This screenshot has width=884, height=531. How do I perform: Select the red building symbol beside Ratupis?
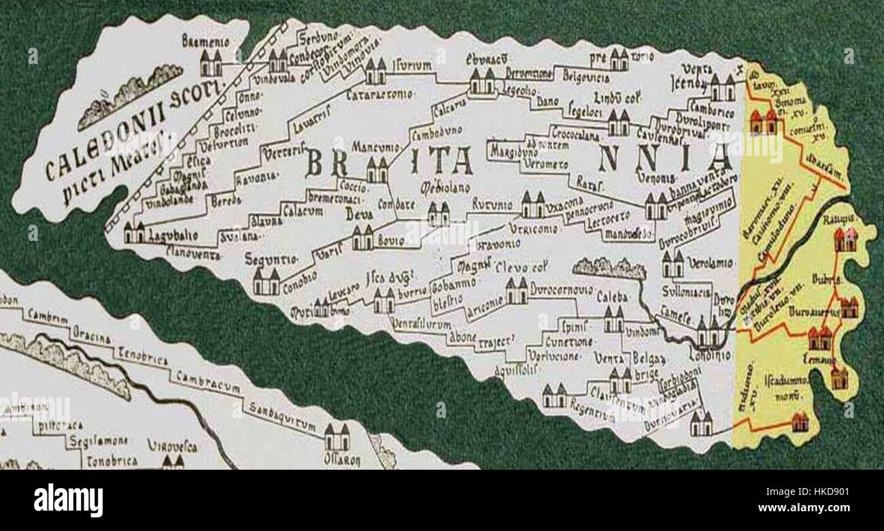coord(845,240)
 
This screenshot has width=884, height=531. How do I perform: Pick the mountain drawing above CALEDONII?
coord(129,95)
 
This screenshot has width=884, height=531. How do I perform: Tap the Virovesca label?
coord(172,447)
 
